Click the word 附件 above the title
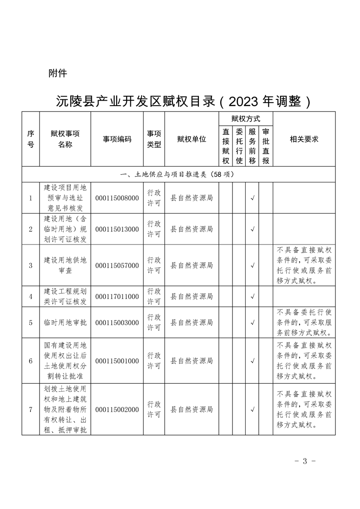(x=58, y=73)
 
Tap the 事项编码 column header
(x=117, y=139)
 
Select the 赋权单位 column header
(x=191, y=139)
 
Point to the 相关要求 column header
(x=304, y=139)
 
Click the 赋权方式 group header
(x=246, y=119)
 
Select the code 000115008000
(x=117, y=198)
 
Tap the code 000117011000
(x=117, y=297)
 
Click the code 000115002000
(x=117, y=410)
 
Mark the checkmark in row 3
(x=252, y=265)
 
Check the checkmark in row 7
(x=252, y=410)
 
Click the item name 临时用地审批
(x=65, y=323)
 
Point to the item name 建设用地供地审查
(x=65, y=265)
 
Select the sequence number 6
(x=30, y=361)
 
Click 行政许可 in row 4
(x=154, y=297)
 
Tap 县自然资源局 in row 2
(x=191, y=229)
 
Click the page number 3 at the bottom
(x=305, y=461)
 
